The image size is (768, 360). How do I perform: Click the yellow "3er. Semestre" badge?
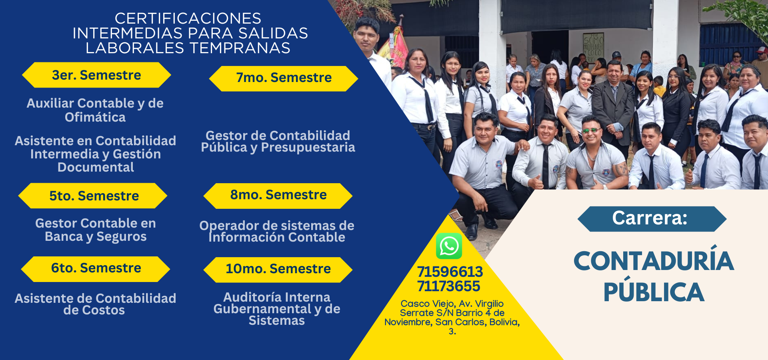click(96, 75)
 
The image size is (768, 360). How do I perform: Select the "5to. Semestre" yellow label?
click(93, 196)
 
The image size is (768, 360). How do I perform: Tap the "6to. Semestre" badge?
click(96, 269)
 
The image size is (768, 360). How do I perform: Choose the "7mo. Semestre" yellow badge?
click(284, 78)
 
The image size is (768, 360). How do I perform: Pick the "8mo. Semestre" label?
click(278, 196)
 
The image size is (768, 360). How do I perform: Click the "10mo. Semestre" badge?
click(278, 270)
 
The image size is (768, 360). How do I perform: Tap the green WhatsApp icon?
click(449, 246)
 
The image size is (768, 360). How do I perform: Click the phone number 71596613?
click(450, 272)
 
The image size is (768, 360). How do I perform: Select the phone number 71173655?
click(448, 286)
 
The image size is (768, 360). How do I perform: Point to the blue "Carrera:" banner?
click(652, 219)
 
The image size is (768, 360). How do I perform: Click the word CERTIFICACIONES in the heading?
click(188, 18)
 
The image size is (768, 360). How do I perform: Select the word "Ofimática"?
click(95, 117)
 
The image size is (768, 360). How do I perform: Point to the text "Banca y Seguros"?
click(96, 237)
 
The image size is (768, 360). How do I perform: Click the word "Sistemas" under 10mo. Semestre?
click(277, 321)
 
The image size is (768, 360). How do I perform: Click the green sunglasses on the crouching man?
click(590, 131)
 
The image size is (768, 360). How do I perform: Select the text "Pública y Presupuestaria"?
click(278, 148)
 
